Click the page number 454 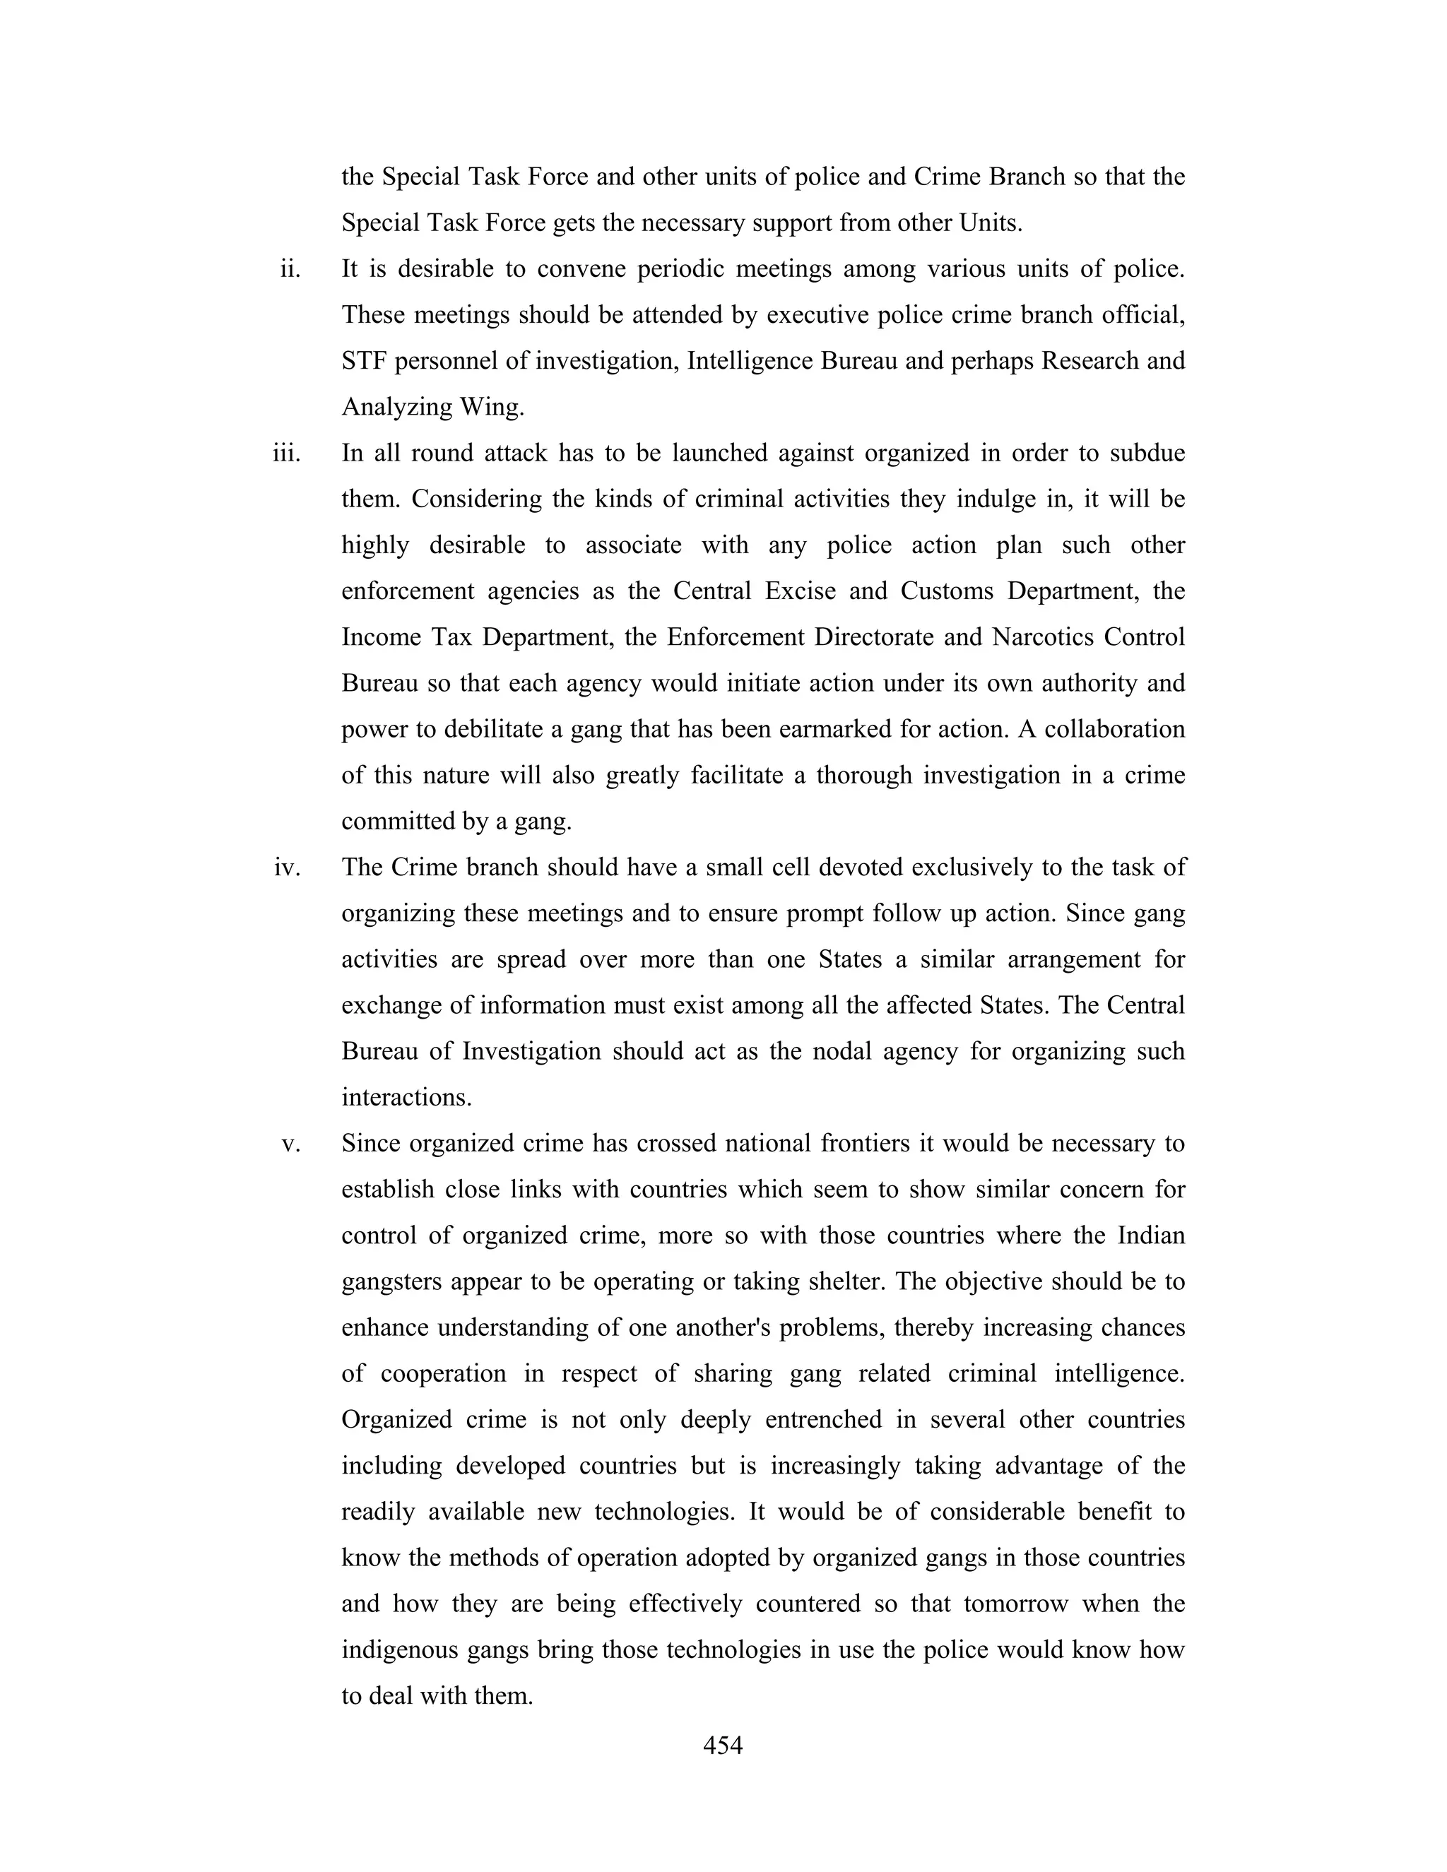(x=722, y=1746)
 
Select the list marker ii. (x=290, y=270)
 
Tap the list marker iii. (x=287, y=454)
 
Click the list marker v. (x=292, y=1144)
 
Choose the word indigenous (x=398, y=1651)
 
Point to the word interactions (x=406, y=1098)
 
